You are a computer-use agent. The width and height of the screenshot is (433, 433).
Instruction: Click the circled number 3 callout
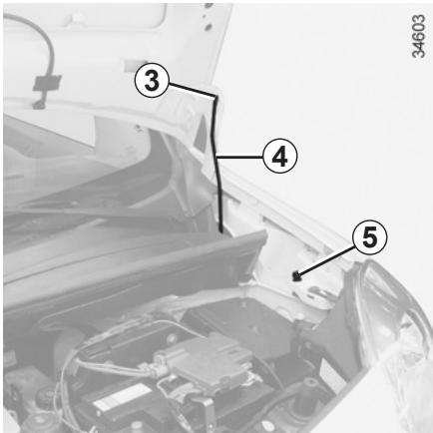tap(152, 81)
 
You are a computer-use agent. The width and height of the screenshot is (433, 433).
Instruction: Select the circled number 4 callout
tap(279, 157)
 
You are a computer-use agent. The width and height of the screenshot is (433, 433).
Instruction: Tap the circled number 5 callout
tap(370, 238)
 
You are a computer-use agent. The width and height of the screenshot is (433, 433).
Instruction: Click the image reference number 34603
tap(418, 36)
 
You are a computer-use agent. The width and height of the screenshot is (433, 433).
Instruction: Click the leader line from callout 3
tap(192, 90)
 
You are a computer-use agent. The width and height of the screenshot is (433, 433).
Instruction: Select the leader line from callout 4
tap(239, 156)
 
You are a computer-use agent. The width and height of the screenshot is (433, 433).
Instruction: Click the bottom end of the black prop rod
tap(220, 230)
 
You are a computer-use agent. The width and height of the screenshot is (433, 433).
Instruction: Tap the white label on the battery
tap(123, 398)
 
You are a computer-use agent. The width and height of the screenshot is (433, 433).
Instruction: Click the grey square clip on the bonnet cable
tap(46, 83)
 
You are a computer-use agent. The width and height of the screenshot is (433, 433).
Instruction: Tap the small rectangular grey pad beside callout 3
tap(132, 65)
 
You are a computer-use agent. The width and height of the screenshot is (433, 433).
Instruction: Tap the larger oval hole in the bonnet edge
tap(209, 26)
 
